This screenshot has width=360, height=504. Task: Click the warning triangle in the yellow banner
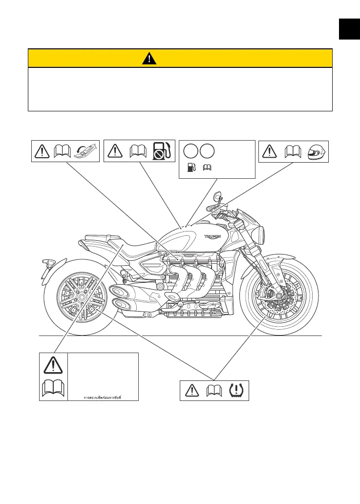pyautogui.click(x=149, y=59)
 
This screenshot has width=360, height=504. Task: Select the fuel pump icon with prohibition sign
pyautogui.click(x=161, y=151)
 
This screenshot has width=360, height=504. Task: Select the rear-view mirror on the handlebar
pyautogui.click(x=217, y=198)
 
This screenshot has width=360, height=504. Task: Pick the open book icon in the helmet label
pyautogui.click(x=293, y=151)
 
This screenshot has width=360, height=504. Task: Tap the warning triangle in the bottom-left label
pyautogui.click(x=53, y=365)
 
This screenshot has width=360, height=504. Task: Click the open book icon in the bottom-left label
pyautogui.click(x=53, y=389)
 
